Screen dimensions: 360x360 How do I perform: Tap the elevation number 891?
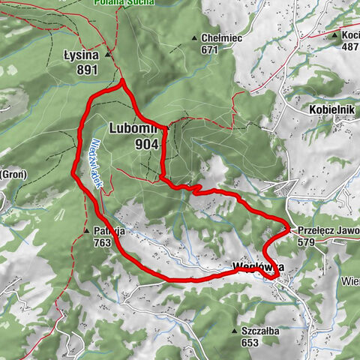pyautogui.click(x=87, y=69)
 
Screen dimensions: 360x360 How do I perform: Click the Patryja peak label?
pyautogui.click(x=109, y=231)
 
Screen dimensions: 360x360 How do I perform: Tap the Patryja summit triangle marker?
pyautogui.click(x=87, y=231)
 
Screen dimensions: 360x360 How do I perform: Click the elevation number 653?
pyautogui.click(x=252, y=342)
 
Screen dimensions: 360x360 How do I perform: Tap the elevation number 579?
pyautogui.click(x=307, y=243)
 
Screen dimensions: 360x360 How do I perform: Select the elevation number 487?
pyautogui.click(x=350, y=46)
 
